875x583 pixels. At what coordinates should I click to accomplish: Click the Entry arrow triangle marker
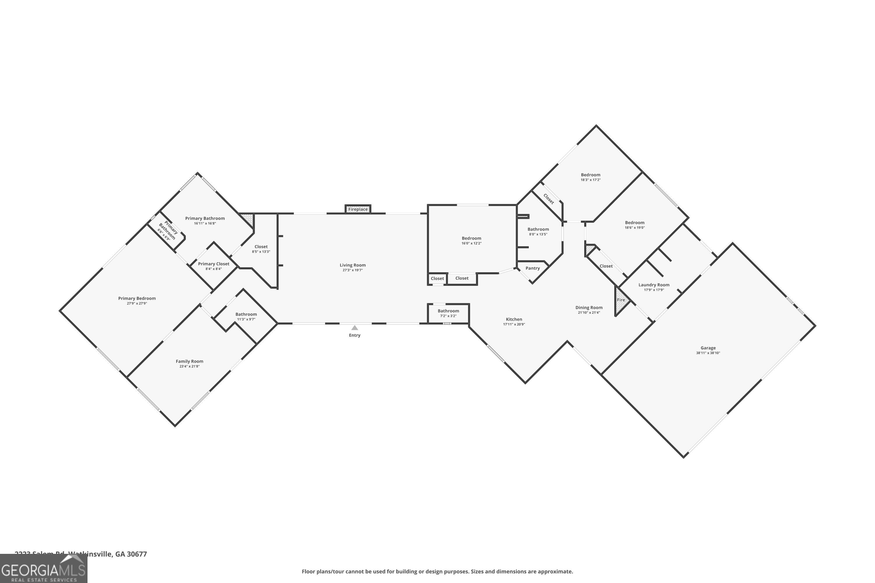355,328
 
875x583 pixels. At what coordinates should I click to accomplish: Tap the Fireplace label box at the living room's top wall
358,209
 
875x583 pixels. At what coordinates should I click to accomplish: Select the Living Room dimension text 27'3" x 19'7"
352,270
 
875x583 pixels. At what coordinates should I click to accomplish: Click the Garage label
708,348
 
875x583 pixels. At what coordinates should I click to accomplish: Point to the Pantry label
532,268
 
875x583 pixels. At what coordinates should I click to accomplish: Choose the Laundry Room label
654,285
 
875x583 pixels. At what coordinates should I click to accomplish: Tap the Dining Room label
589,308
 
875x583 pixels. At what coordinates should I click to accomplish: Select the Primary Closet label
213,264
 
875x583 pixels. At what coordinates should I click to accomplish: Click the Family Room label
189,361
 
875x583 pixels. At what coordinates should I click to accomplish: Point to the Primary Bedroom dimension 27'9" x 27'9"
137,303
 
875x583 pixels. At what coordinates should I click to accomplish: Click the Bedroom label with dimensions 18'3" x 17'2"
590,175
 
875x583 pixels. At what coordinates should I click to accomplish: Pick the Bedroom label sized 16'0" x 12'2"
471,238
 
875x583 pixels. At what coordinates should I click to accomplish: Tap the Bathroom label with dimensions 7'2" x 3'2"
448,311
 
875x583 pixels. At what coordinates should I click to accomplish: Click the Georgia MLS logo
43,569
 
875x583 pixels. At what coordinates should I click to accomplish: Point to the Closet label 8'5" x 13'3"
261,247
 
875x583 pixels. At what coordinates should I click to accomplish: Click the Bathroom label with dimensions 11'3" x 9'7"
246,314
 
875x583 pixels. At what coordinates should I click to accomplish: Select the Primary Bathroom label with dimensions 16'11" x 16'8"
205,218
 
